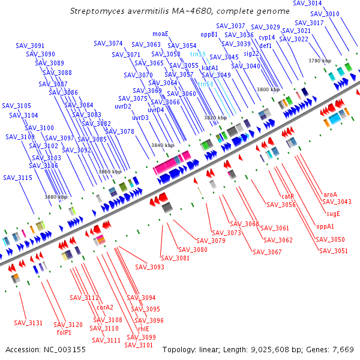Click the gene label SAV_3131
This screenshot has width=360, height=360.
pos(28,323)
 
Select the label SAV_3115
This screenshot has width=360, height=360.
pos(17,178)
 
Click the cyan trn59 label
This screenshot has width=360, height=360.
pos(197,54)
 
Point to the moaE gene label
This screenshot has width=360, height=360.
pos(160,34)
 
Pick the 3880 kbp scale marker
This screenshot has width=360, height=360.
pos(56,197)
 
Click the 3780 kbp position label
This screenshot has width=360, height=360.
pos(320,61)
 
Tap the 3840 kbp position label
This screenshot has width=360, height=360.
pos(162,146)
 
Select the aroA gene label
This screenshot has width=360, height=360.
pos(330,194)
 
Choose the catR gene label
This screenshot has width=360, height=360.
pos(287,196)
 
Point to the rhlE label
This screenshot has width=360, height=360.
pos(143,329)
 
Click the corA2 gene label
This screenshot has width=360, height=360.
pos(105,307)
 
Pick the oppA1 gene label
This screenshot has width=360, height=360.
pos(325,227)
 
